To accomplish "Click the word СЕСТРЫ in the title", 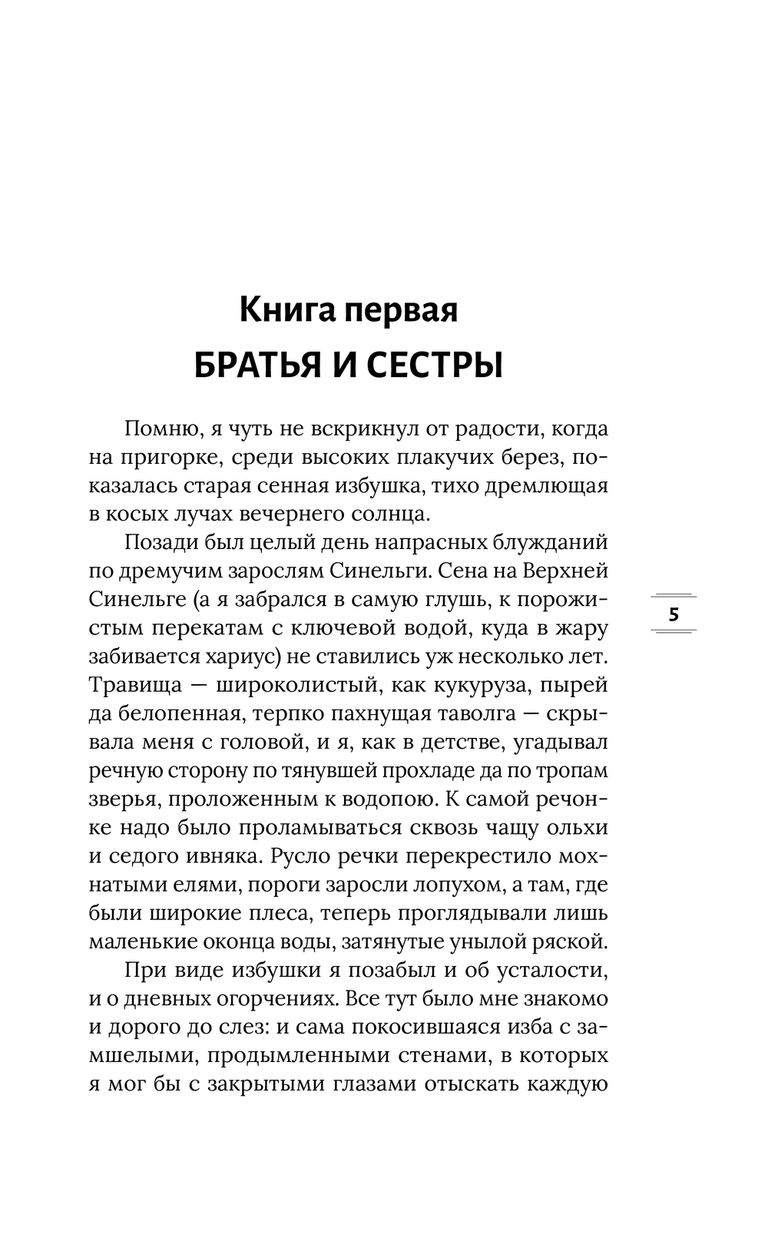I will point(434,366).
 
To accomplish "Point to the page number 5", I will point(674,614).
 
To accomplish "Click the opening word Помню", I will point(159,429).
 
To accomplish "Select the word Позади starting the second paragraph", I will point(159,542).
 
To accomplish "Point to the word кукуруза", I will point(486,685).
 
